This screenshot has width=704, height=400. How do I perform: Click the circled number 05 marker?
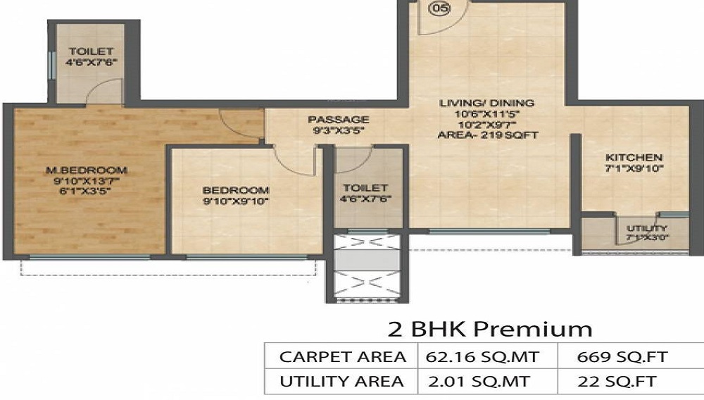tap(439, 8)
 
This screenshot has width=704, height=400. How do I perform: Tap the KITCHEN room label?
tap(634, 158)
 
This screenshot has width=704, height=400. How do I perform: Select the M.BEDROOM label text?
tap(87, 170)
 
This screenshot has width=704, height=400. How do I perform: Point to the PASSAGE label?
tap(339, 120)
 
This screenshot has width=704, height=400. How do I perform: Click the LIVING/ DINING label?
tap(486, 104)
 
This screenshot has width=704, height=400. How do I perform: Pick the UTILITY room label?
tap(646, 228)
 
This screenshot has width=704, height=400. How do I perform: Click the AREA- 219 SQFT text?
tap(488, 135)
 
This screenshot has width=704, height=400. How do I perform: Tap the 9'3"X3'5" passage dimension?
tap(338, 131)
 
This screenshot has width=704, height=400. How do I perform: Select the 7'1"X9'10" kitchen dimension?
tap(634, 169)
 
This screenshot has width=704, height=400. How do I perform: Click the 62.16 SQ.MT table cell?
tap(482, 357)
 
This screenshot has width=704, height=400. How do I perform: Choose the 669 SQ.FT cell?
tap(622, 357)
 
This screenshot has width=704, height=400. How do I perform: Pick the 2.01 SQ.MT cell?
tap(479, 382)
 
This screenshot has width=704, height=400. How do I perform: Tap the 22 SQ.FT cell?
tap(617, 382)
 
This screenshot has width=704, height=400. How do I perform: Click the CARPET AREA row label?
tap(343, 357)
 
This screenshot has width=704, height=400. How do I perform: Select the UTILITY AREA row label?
tap(341, 382)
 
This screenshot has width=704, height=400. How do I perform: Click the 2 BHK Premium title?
tap(489, 330)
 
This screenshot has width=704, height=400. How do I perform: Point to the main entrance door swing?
tap(451, 26)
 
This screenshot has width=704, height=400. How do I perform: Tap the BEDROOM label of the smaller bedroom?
tap(236, 190)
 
